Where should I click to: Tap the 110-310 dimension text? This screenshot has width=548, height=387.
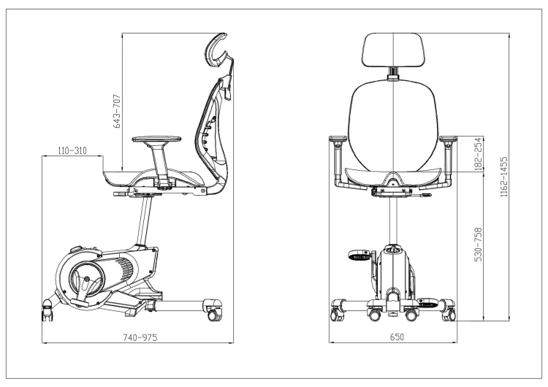click(x=72, y=150)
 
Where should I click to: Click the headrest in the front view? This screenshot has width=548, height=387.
click(x=394, y=50)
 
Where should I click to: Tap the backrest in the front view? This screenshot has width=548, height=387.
click(x=395, y=124)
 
